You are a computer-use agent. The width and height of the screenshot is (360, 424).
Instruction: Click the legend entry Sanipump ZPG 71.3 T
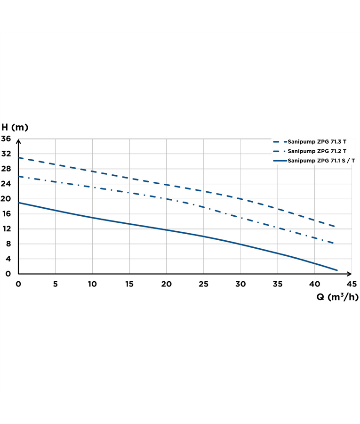click(317, 141)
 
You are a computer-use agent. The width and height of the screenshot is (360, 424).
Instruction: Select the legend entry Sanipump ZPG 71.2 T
click(317, 151)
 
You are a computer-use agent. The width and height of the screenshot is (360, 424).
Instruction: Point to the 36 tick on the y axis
click(6, 139)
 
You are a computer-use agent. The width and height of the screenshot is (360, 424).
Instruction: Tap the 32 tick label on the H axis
click(6, 154)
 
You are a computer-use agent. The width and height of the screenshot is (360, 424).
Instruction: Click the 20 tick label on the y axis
click(6, 199)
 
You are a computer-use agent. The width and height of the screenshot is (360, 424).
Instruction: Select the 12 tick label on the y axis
click(6, 228)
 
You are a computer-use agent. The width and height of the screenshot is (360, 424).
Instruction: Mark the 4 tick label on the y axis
click(8, 259)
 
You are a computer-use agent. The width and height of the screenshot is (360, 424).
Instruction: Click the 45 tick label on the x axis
click(352, 284)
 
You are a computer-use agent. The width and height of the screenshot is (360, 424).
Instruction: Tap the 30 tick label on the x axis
click(240, 284)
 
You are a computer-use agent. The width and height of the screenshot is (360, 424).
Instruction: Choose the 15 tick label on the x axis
click(129, 284)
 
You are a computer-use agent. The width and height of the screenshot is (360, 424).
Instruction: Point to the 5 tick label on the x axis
click(56, 284)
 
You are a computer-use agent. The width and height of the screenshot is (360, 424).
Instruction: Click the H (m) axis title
click(15, 127)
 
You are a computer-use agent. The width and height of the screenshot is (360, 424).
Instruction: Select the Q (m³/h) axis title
click(332, 297)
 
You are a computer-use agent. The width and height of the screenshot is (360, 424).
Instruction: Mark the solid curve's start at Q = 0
click(18, 203)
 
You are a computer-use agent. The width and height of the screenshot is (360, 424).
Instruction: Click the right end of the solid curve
click(337, 270)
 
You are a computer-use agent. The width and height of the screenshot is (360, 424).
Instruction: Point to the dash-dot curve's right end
click(334, 243)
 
